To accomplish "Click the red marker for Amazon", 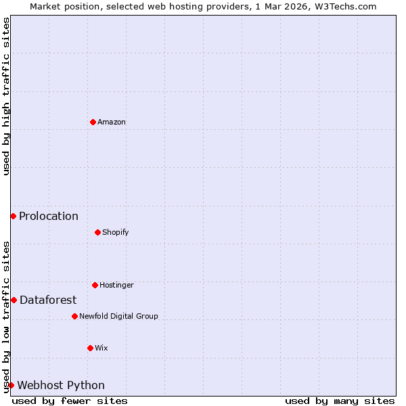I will [x=93, y=122].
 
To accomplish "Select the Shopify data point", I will [x=97, y=232].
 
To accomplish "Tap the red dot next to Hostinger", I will [x=95, y=285].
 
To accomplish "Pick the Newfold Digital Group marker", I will [x=74, y=316].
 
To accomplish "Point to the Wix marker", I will [x=90, y=348].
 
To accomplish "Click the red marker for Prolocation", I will [x=13, y=216].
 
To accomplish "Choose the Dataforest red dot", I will [x=14, y=300].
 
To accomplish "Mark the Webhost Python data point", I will [x=11, y=385].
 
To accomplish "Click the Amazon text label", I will [x=112, y=122].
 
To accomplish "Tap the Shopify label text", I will [x=115, y=232].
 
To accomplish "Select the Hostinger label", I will [x=116, y=285].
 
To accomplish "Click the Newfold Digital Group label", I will [x=118, y=316].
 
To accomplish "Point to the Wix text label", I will [x=101, y=348].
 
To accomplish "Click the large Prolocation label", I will [x=49, y=216].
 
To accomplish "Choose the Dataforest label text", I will [x=48, y=300].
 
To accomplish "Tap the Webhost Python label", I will [x=61, y=385].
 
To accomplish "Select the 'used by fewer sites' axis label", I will [x=70, y=401].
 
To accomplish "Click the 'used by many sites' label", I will [x=340, y=401].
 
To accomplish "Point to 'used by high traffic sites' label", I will [x=6, y=97].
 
